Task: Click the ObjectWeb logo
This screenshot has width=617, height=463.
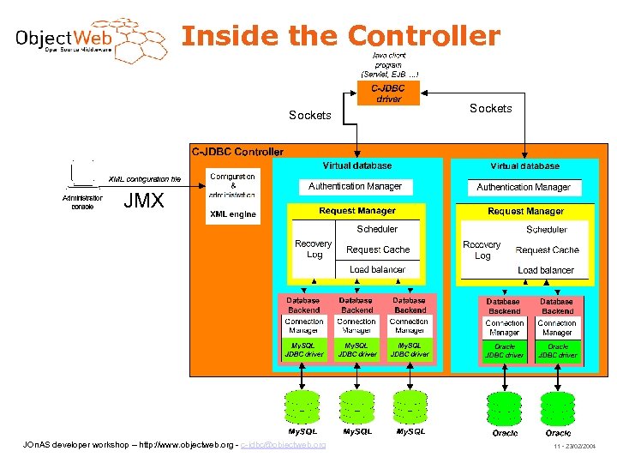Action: point(90,41)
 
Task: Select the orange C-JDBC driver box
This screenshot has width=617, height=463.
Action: point(388,93)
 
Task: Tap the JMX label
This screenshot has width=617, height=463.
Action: point(144,201)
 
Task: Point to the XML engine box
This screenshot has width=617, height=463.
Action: point(232,214)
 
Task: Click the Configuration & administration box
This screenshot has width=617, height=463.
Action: point(232,185)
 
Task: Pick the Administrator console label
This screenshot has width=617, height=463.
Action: point(82,201)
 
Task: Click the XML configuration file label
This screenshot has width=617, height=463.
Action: point(144,178)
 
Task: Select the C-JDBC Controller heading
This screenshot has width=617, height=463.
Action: point(237,152)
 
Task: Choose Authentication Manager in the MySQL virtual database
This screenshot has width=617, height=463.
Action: point(355,186)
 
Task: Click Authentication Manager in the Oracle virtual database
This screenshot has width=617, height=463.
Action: point(523,187)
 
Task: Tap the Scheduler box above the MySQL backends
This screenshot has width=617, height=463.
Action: point(377,229)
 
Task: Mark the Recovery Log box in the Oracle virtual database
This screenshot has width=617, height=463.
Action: point(482,250)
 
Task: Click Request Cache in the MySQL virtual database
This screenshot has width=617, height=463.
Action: point(378,250)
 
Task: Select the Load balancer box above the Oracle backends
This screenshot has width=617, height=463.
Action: point(546,270)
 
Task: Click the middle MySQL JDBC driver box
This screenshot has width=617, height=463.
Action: point(356,350)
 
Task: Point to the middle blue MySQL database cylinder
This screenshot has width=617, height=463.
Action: point(357,406)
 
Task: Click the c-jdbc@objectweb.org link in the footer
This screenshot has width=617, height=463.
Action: point(283,445)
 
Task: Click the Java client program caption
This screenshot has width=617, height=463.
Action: point(389,64)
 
